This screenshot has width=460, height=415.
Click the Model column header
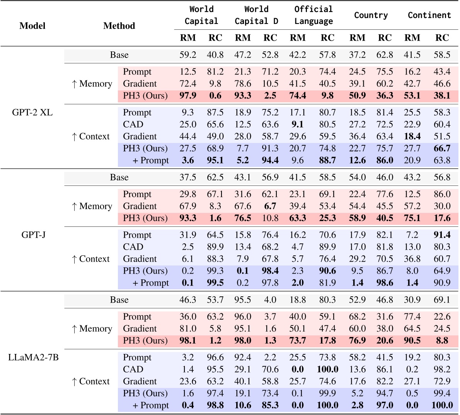pos(32,26)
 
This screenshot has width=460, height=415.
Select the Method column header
pos(119,26)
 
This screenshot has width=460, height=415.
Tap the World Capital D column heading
pos(256,15)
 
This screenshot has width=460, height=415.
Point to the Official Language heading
pos(313,15)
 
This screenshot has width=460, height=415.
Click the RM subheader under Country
pos(357,37)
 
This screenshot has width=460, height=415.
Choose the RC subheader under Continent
pos(442,37)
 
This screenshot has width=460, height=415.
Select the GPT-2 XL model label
pos(32,113)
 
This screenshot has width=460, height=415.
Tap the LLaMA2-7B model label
pos(33,357)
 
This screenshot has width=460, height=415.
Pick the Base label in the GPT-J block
pos(119,177)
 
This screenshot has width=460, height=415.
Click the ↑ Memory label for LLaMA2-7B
pos(92,329)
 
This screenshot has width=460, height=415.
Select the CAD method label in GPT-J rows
pos(133,247)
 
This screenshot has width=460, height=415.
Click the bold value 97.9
pos(188,95)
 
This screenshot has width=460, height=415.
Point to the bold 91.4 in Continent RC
pos(442,235)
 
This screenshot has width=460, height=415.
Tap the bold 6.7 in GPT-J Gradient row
pos(270,206)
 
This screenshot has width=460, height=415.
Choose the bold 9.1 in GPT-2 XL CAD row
pos(298,124)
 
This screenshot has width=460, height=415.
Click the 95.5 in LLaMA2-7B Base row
pos(243,300)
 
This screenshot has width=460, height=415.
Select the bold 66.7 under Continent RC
pos(442,148)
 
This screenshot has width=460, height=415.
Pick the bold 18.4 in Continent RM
pos(412,136)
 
